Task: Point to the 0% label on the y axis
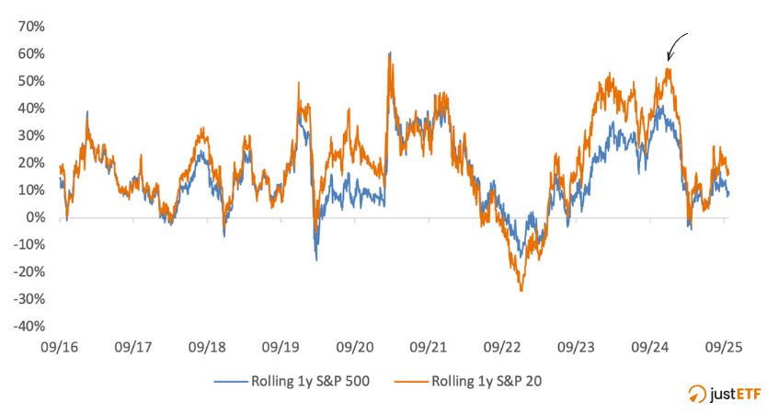(35, 217)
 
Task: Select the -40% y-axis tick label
(28, 326)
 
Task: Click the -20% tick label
(28, 271)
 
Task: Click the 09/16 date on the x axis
(60, 349)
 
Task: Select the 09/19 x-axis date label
(281, 349)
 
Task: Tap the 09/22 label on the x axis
(502, 349)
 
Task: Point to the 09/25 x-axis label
(724, 349)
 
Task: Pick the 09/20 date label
(354, 349)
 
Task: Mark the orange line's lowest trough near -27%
(521, 291)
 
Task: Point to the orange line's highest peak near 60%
(390, 53)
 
